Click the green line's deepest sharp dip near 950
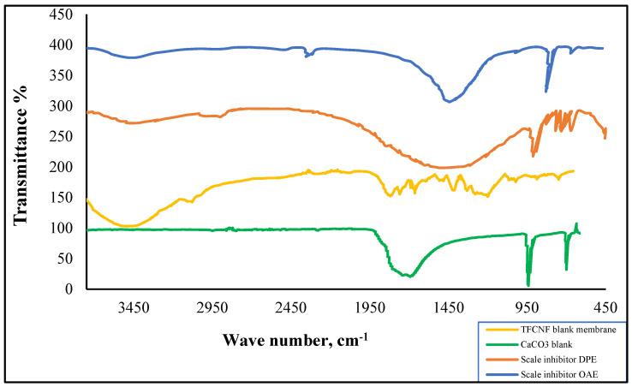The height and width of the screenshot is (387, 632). pos(528,285)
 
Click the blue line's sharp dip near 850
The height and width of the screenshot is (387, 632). pos(546,91)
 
